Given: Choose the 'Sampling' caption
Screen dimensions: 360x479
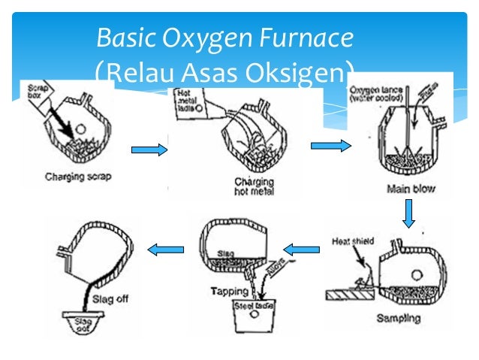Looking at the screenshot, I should pyautogui.click(x=398, y=318).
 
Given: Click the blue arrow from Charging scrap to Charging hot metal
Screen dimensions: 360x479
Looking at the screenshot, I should pyautogui.click(x=148, y=151).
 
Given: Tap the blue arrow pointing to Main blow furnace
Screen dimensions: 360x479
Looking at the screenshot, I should pyautogui.click(x=336, y=146).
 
